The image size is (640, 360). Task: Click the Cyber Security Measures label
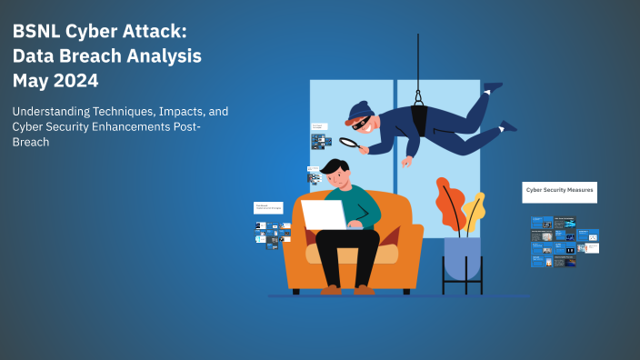(x=559, y=191)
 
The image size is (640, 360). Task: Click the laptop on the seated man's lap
(x=324, y=215)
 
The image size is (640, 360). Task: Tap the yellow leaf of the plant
(x=474, y=212)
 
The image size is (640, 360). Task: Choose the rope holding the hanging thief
(x=418, y=59)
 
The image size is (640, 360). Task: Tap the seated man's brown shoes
(x=345, y=289)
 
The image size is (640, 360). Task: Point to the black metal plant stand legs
(x=462, y=277)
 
